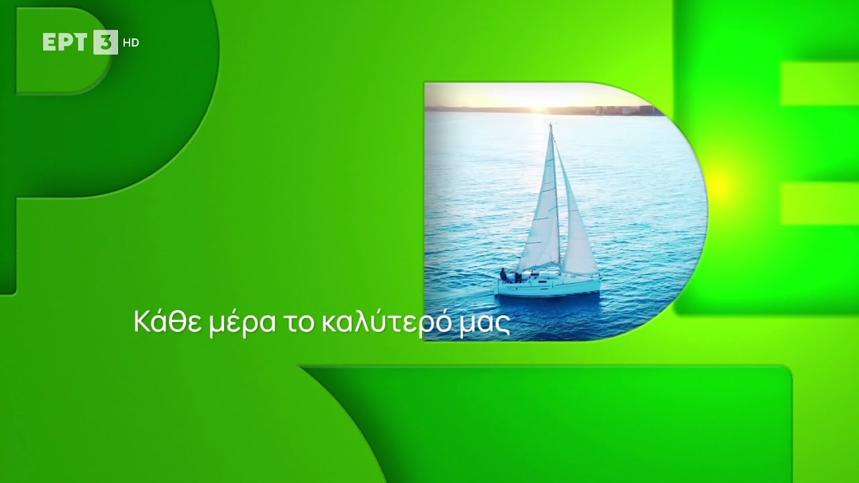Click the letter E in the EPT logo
(50, 42)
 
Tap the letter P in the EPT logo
(66, 42)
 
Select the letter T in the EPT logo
(82, 42)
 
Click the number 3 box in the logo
(105, 42)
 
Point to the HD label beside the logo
(131, 43)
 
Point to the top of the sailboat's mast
(551, 125)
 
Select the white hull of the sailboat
(547, 287)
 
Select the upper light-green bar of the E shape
(819, 85)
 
